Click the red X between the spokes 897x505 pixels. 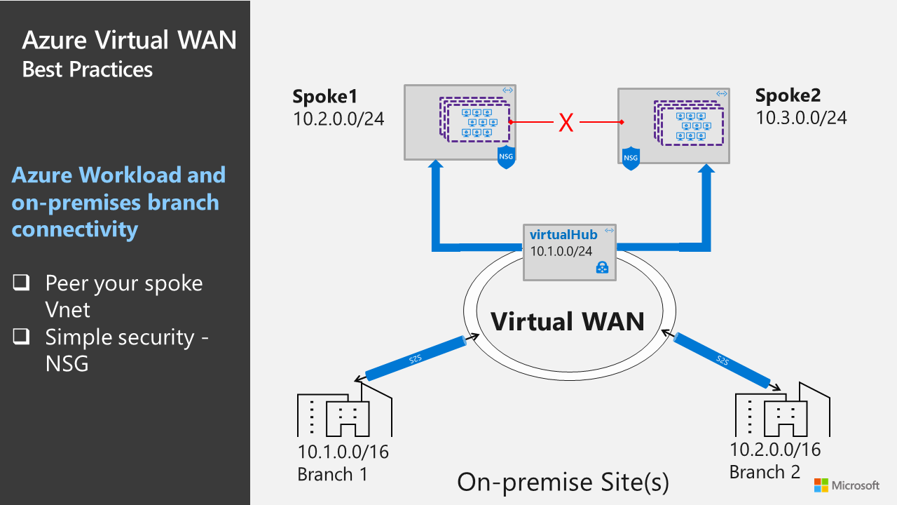tap(566, 123)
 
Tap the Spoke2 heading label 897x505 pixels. tap(788, 95)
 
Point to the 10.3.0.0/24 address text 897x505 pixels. tap(801, 117)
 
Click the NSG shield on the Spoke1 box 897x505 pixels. tap(506, 157)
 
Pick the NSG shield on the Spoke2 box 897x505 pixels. tap(631, 159)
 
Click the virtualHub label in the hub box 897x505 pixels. tap(563, 235)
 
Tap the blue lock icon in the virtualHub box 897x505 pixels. tap(601, 267)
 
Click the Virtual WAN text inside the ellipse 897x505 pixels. tap(567, 321)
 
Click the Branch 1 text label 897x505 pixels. tap(332, 474)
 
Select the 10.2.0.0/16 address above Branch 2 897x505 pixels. tap(775, 450)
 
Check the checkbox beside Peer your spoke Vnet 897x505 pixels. tap(21, 283)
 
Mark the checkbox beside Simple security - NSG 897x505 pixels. tap(21, 337)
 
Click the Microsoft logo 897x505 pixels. tap(847, 485)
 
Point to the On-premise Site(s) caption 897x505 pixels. tap(563, 482)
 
